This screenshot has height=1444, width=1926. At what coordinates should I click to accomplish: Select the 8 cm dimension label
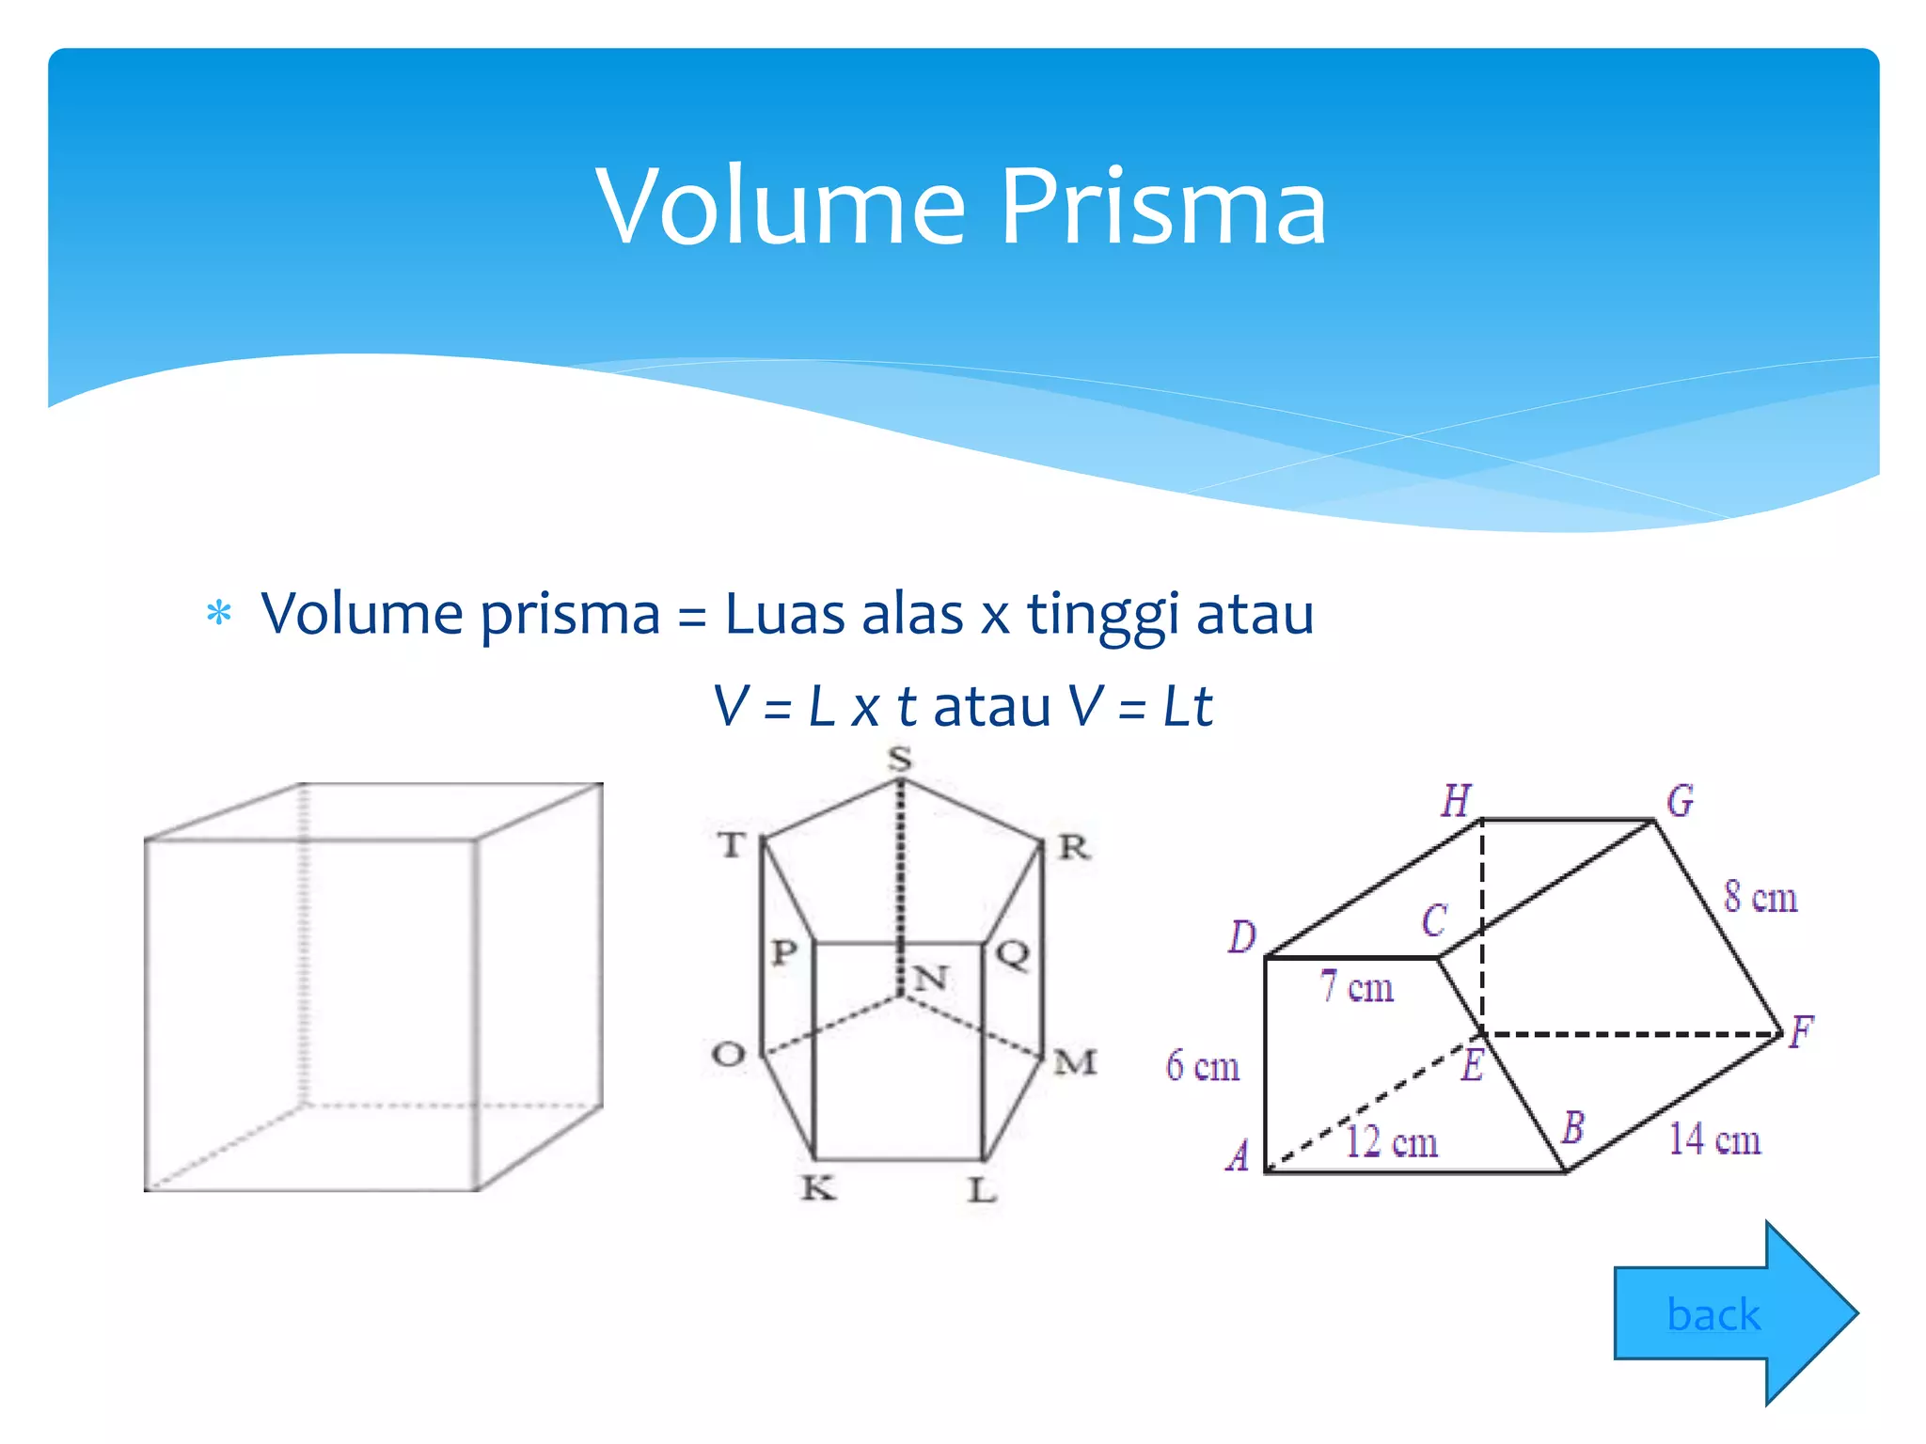coord(1760,897)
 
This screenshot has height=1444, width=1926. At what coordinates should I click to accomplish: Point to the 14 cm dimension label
coord(1714,1139)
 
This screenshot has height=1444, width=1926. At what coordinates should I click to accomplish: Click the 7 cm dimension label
coord(1356,987)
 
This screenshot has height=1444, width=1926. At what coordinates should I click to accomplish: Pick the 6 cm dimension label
coord(1203,1066)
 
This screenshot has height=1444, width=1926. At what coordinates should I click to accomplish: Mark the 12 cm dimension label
coord(1391,1142)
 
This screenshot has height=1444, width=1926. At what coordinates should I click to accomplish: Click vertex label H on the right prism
coord(1456,801)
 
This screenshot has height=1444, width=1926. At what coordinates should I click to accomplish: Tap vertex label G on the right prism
coord(1680,801)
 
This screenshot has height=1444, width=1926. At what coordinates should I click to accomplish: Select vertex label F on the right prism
coord(1800,1032)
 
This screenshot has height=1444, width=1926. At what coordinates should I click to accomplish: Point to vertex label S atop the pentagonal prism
coord(900,759)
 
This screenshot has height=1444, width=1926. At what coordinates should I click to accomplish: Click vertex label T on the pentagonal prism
coord(733,845)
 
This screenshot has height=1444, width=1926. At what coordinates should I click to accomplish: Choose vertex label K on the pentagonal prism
coord(818,1189)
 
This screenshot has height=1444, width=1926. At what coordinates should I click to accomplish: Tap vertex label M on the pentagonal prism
coord(1075,1062)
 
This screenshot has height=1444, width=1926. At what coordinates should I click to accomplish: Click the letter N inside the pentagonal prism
coord(930,979)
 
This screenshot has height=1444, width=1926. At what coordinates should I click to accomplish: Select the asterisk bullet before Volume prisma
coord(219,614)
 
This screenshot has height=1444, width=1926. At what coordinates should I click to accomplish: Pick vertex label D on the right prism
coord(1242,937)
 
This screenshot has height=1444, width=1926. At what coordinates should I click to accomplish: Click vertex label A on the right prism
coord(1239,1155)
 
